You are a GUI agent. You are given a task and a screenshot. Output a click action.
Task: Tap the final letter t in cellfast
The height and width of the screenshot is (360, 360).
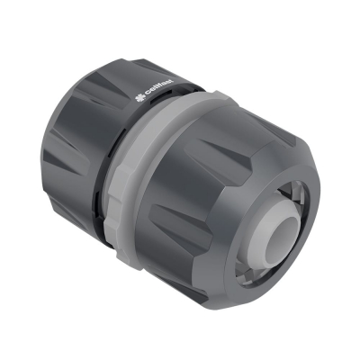pos(176,87)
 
